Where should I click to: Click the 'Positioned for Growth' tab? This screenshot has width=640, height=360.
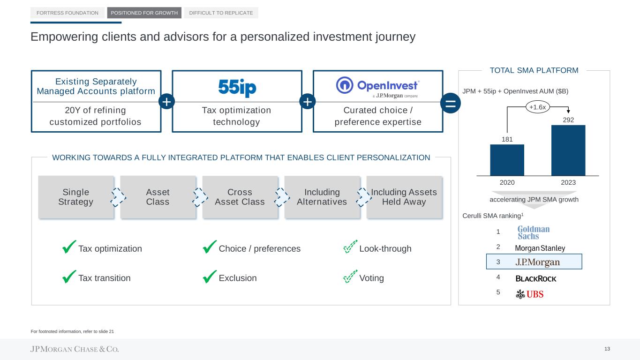pos(144,13)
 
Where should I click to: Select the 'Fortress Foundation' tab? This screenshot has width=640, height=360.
pos(68,13)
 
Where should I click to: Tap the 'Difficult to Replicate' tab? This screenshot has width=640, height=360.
pos(221,13)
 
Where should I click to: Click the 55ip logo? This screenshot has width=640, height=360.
pos(237,88)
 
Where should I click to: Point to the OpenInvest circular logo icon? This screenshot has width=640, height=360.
pos(345,85)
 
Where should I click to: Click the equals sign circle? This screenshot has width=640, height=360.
pos(451,103)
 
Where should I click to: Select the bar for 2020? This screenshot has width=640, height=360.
pos(507,160)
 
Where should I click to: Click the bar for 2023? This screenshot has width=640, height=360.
pos(568,150)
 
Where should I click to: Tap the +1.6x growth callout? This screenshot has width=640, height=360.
pos(537,107)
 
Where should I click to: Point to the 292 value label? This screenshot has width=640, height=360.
pos(568,120)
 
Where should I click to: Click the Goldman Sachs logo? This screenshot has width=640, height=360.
pos(534,232)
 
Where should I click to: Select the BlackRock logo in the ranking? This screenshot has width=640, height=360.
pos(536,278)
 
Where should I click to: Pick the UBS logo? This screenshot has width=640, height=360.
pos(529,294)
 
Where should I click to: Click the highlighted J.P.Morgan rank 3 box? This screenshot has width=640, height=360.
pos(534,262)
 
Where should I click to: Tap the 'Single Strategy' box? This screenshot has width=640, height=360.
pos(76,197)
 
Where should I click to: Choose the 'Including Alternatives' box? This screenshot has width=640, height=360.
pos(322,197)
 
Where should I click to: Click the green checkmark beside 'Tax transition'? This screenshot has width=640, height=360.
pos(69,277)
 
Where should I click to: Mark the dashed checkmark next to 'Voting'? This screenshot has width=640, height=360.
pos(350,276)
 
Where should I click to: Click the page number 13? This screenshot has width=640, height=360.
pos(607,349)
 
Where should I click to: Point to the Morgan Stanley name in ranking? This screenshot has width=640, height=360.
pos(540,248)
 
